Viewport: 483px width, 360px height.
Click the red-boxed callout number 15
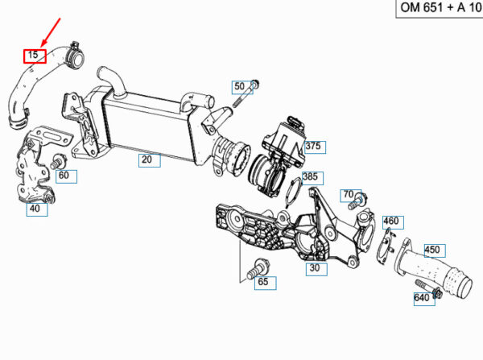click(33, 56)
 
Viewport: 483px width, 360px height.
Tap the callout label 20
click(147, 160)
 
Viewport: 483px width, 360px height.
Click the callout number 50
click(239, 86)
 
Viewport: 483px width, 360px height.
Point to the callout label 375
click(312, 146)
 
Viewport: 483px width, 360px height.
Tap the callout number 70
click(348, 195)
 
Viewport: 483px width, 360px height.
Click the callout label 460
click(390, 221)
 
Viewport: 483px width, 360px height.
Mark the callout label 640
click(422, 298)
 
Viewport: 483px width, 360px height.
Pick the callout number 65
click(262, 283)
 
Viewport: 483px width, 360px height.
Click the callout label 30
click(314, 268)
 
